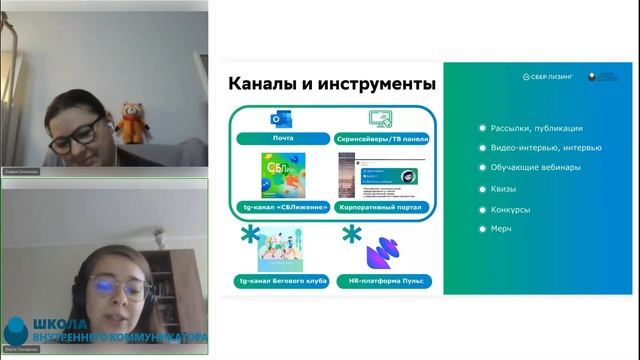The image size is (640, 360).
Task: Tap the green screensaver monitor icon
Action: (x=380, y=119)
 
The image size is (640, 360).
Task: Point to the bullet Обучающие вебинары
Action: (x=535, y=168)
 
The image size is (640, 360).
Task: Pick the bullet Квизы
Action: (x=505, y=189)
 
